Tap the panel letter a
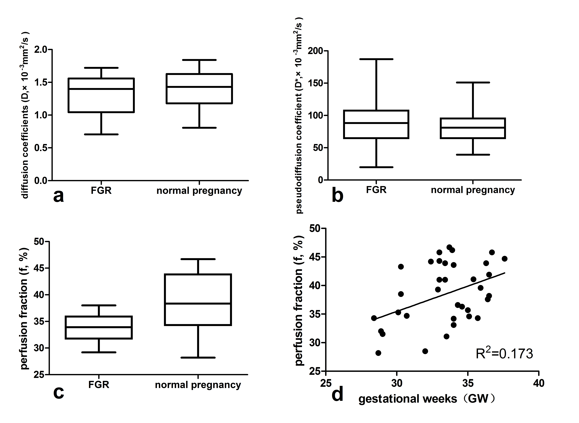click(59, 196)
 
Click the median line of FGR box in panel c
click(99, 327)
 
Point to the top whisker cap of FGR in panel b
click(376, 59)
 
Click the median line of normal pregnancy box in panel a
click(199, 87)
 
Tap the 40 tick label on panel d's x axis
click(539, 383)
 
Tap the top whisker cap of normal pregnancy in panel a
click(199, 60)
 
